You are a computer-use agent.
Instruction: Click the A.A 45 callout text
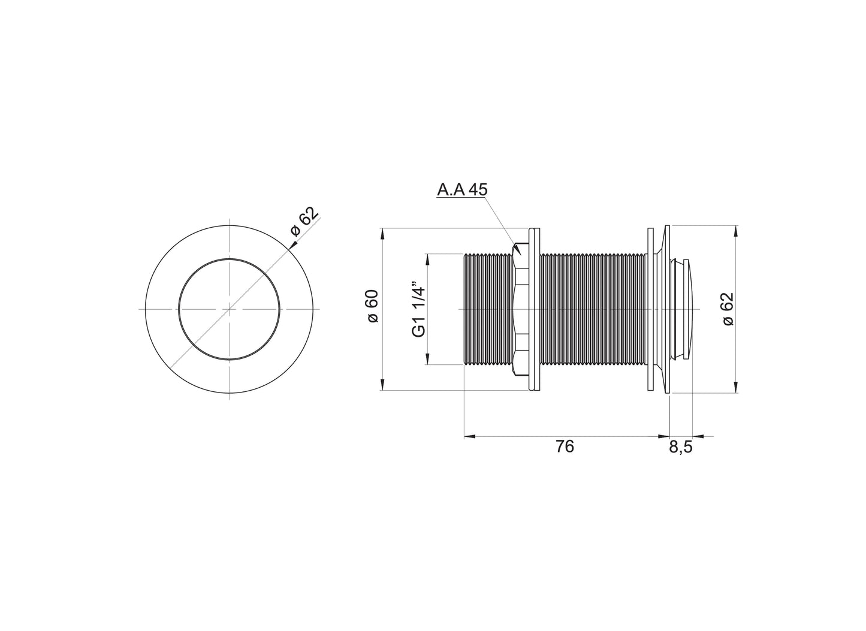462,190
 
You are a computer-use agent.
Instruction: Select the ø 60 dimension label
372,306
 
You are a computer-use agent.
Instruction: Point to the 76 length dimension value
565,446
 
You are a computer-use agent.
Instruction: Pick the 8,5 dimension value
680,447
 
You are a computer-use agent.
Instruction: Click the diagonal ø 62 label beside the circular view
303,223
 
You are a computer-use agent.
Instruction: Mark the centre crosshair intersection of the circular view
230,309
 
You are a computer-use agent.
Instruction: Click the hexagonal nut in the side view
520,309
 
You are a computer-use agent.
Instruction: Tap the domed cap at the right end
687,309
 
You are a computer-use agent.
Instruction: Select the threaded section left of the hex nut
489,309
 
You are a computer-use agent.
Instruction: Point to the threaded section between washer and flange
593,309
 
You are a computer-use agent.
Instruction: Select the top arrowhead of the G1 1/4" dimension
427,258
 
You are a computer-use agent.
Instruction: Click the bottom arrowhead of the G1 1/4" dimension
427,360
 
